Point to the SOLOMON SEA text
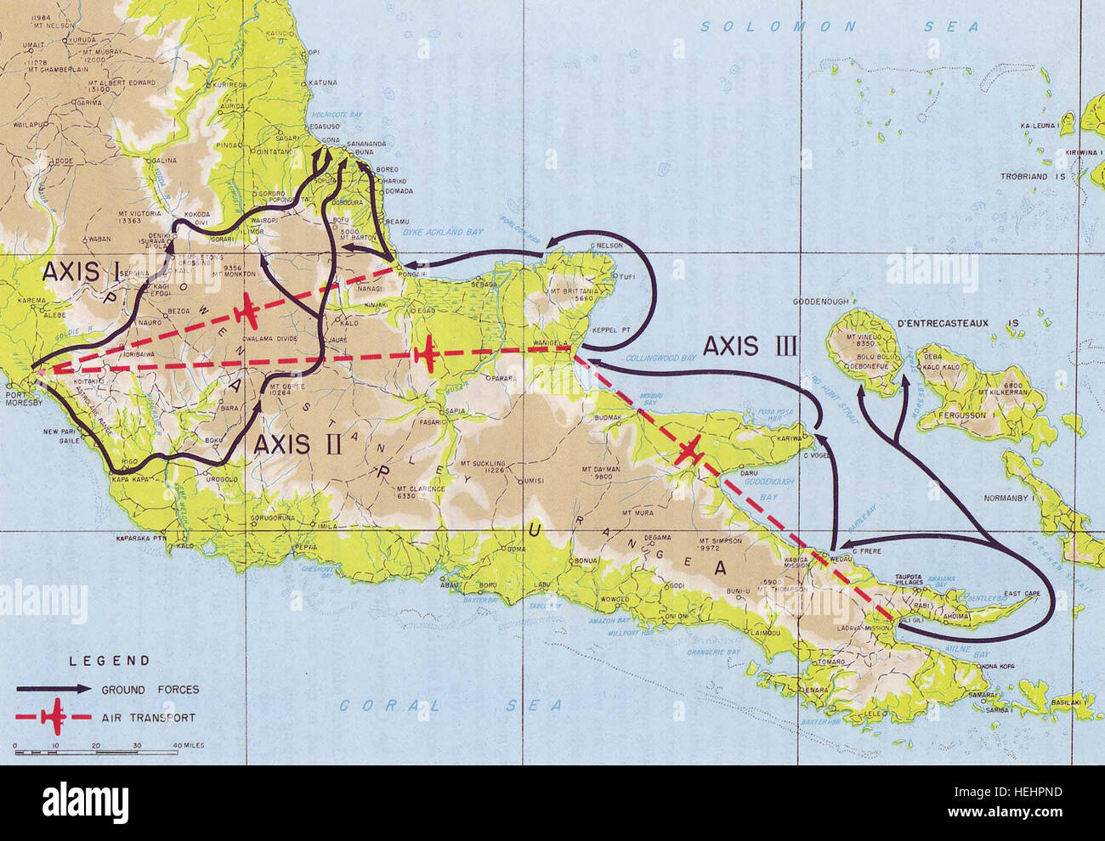[839, 27]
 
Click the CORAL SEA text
[450, 705]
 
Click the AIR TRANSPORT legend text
[149, 718]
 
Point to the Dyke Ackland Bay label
[436, 232]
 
